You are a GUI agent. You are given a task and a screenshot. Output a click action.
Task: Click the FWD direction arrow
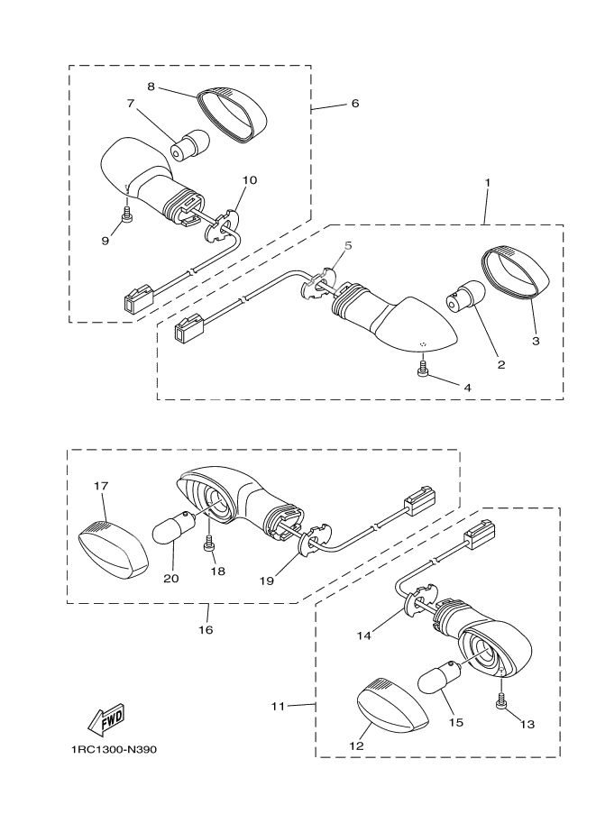(106, 718)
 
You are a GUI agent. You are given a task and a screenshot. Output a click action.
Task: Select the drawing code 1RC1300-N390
(114, 749)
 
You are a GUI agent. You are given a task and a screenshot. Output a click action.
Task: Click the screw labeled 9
(126, 215)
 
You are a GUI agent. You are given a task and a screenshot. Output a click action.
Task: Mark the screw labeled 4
(422, 368)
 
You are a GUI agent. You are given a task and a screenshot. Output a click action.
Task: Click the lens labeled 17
(114, 550)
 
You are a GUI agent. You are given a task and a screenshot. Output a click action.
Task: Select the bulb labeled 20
(174, 526)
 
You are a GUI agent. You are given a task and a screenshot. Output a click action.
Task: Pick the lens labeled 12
(392, 705)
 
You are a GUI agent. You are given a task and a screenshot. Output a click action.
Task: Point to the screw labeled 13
(501, 701)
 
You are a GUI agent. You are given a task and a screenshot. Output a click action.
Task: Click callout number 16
(206, 629)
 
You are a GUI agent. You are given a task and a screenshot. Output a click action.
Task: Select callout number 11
(278, 706)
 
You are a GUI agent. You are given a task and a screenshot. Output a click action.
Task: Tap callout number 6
(355, 103)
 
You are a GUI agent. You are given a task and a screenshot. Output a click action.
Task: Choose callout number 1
(487, 182)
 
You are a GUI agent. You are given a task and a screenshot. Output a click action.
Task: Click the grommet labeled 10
(220, 225)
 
